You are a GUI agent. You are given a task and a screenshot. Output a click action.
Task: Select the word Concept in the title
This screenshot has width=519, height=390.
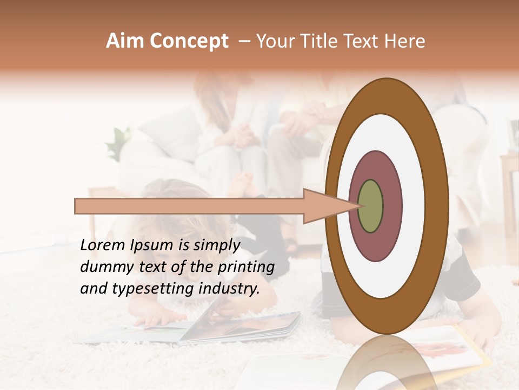pos(189,42)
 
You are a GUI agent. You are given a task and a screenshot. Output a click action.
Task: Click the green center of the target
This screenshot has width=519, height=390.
pos(371,206)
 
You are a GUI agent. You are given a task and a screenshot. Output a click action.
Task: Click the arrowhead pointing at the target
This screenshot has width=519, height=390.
pos(324,206)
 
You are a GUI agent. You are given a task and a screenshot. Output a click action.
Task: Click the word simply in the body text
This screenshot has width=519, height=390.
pos(217,246)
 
